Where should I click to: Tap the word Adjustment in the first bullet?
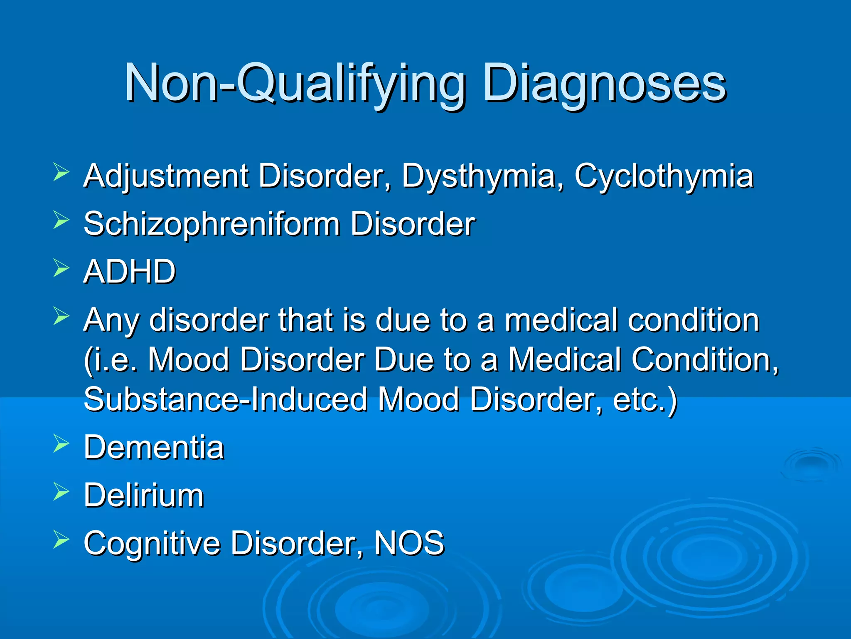coord(166,176)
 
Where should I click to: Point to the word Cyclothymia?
coord(664,177)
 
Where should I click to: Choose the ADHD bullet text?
coord(130,272)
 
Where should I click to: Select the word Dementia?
coord(154,448)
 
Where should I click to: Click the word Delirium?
coord(144,495)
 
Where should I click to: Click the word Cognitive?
coord(152,543)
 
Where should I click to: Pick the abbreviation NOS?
coord(409,542)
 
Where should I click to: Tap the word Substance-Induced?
coord(226,399)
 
